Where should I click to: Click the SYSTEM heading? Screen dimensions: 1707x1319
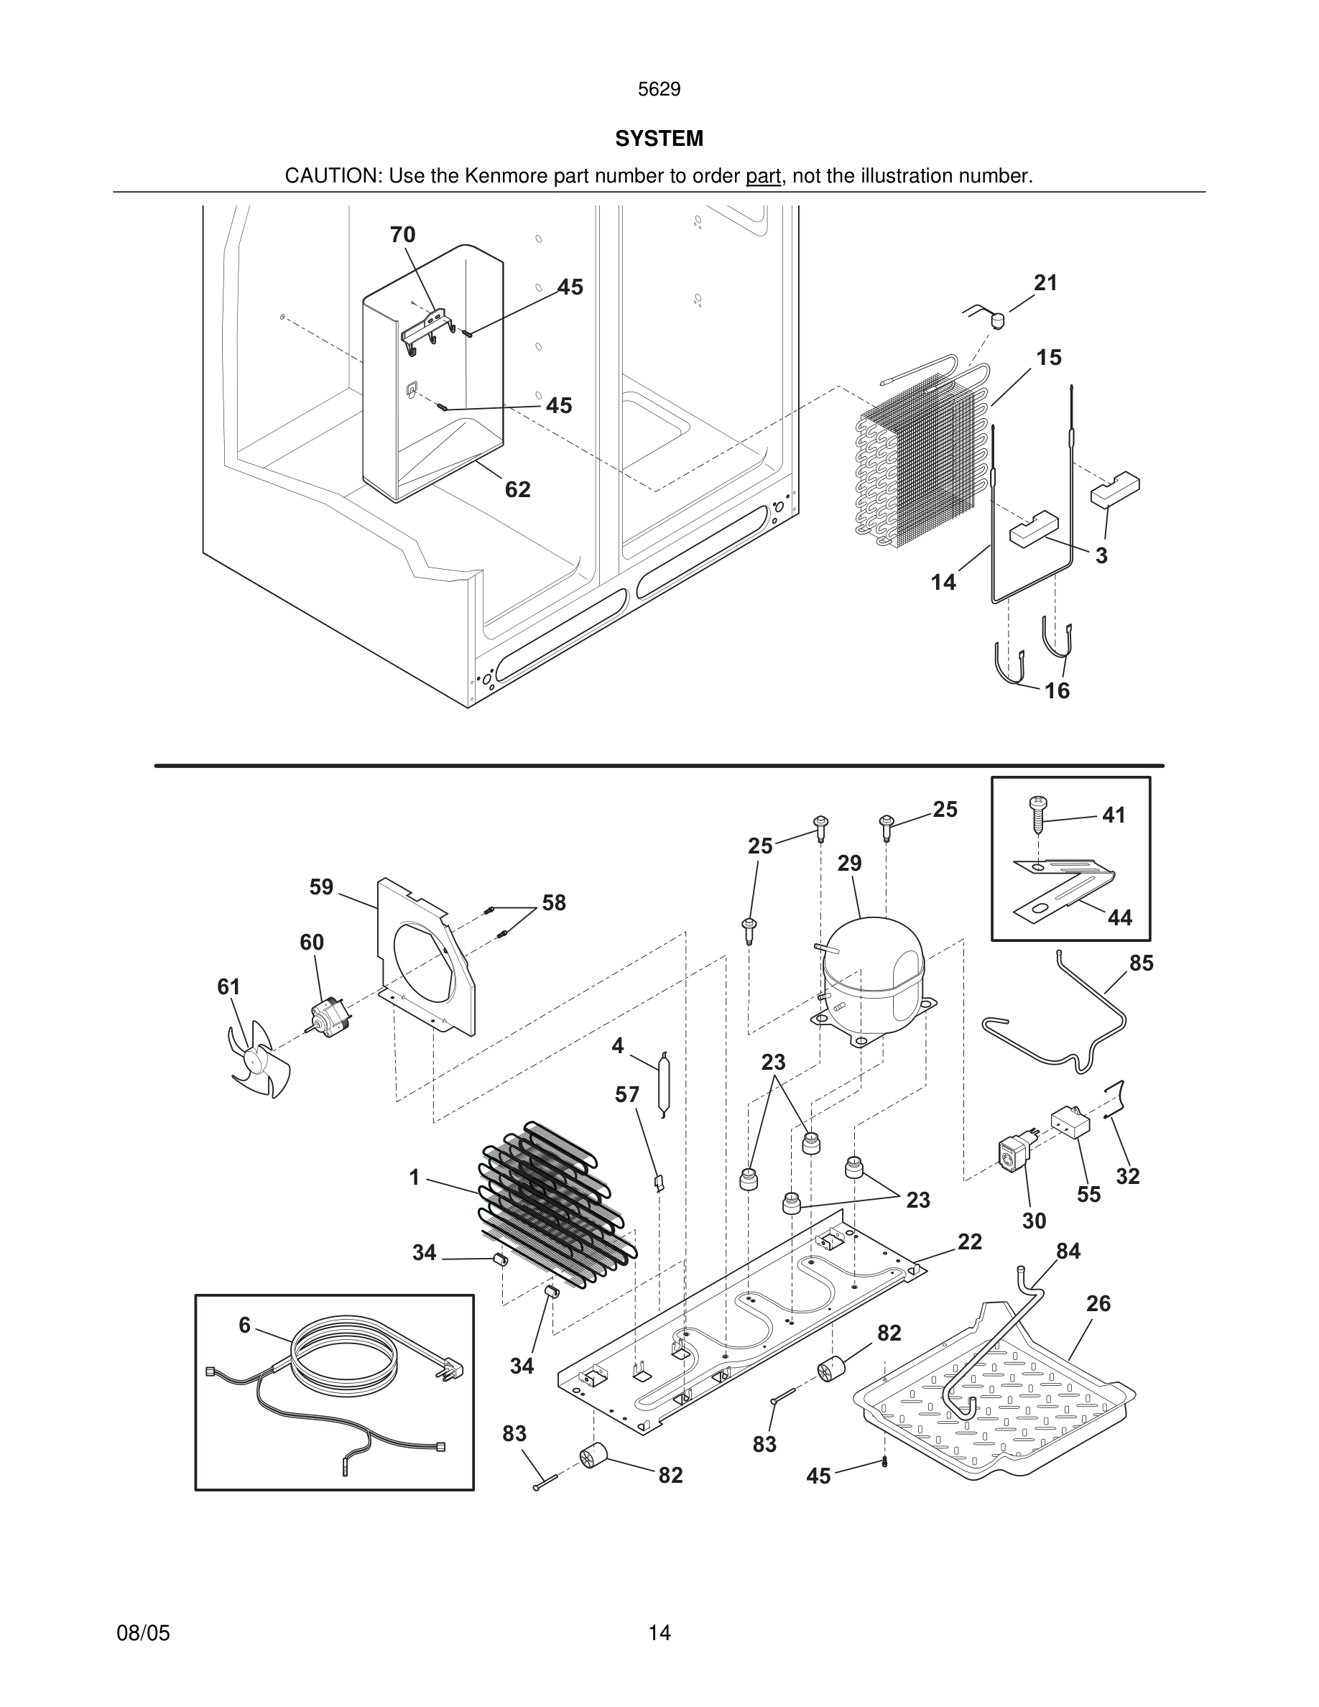coord(659,139)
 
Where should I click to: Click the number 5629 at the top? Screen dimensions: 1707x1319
coord(659,90)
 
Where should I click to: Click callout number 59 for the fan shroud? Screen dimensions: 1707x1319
coord(321,887)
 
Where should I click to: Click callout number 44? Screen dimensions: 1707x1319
coord(1119,917)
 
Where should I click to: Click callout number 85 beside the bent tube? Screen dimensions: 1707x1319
coord(1141,963)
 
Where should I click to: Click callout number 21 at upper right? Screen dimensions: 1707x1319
coord(1045,283)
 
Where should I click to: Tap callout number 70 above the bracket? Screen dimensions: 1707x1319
coord(402,234)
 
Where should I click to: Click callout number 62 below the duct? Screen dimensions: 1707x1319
coord(517,489)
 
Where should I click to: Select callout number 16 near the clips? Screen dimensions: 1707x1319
coord(1057,690)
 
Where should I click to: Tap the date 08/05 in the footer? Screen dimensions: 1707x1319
coord(143,1633)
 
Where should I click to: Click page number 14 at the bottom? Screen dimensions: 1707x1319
coord(659,1633)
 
